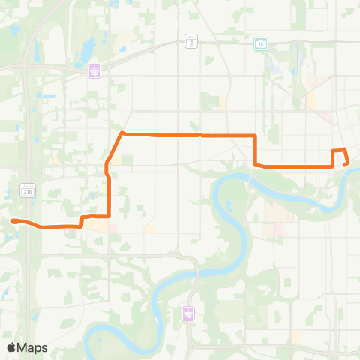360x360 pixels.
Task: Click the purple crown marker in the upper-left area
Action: [96, 70]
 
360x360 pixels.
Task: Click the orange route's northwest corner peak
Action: [121, 133]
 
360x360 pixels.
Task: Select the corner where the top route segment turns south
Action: [256, 136]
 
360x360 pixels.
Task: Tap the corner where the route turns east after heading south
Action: [256, 164]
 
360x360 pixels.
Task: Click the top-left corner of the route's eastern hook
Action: [333, 151]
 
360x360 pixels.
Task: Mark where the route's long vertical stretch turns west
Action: [110, 217]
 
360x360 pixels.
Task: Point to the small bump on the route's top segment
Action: [201, 135]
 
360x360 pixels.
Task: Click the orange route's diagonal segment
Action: [114, 150]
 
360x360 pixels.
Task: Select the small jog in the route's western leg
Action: [81, 223]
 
